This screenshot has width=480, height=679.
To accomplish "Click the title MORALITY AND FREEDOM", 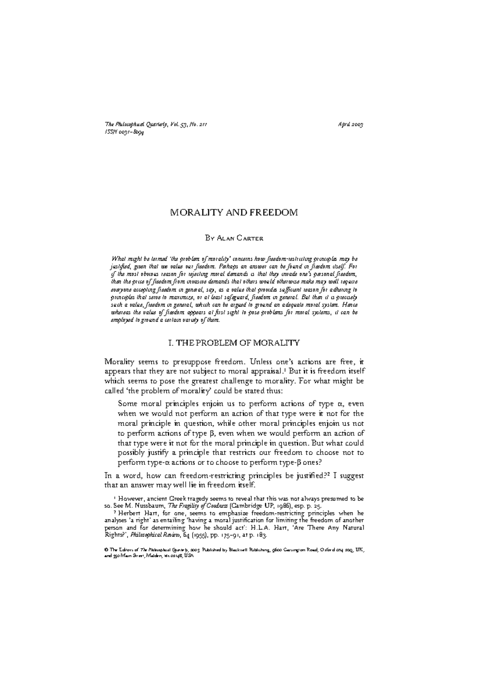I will [234, 212].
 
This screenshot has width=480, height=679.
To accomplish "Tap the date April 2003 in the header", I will [350, 125].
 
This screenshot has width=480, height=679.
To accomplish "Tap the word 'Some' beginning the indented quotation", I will [127, 404].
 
